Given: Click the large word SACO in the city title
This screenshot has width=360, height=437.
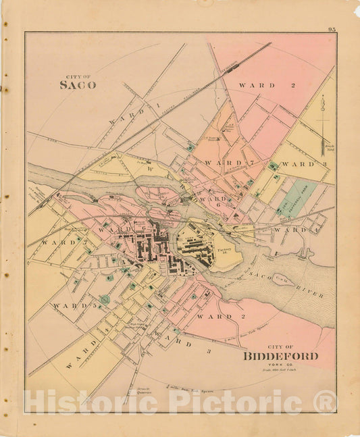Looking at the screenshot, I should [78, 85].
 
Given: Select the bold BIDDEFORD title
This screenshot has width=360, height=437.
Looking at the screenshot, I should [280, 356].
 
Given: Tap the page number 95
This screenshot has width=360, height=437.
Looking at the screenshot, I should [332, 28].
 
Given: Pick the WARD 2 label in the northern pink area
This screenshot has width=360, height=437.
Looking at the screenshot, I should [257, 86].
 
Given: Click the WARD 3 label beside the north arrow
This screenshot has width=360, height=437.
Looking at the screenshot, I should [298, 164].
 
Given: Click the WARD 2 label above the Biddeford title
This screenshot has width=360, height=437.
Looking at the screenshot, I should [215, 316].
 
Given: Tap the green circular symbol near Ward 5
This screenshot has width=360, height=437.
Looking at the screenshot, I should [105, 299].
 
